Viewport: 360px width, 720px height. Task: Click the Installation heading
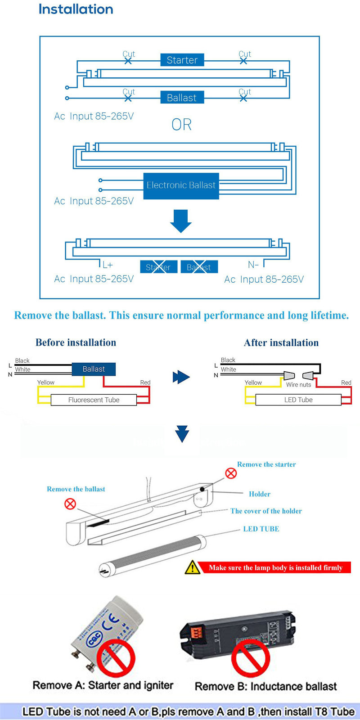coord(76,9)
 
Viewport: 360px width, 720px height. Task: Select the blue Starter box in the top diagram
coord(182,60)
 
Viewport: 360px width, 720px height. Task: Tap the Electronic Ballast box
coord(181,185)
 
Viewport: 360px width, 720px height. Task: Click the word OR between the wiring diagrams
coord(181,125)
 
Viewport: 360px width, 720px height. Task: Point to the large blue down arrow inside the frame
coord(181,220)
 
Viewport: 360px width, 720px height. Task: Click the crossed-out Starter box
coord(158,267)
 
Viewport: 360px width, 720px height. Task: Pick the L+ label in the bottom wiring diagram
coord(108,265)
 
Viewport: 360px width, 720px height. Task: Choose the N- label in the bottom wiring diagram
coord(253,265)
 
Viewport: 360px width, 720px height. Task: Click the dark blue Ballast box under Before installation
coord(94,369)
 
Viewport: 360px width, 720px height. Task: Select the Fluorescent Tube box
coord(94,400)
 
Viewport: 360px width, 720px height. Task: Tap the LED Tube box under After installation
coord(298,400)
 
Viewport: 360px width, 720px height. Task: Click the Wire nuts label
coord(298,385)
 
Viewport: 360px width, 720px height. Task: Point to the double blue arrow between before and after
coord(181,377)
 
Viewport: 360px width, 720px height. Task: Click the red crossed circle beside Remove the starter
coord(231,473)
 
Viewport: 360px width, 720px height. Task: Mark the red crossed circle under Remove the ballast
coord(70,504)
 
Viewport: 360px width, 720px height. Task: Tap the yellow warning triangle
coord(193,567)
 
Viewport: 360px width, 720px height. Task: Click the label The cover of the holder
coord(266,511)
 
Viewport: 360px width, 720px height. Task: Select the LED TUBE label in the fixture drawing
coord(261,529)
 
